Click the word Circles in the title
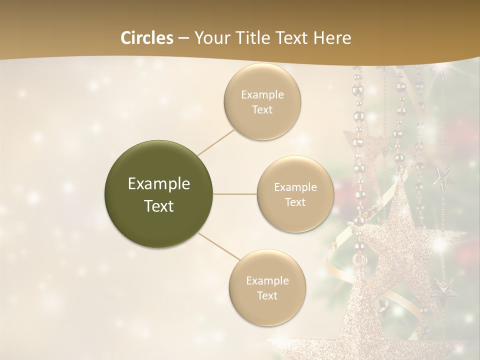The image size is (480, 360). point(146,38)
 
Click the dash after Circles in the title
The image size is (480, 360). point(183,38)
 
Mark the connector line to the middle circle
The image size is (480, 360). point(235,194)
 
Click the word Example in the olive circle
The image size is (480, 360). point(159,184)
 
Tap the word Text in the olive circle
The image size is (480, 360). point(159,206)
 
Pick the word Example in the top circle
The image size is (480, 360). point(262,94)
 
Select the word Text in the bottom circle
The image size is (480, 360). point(267,295)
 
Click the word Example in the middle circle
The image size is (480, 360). point(295,187)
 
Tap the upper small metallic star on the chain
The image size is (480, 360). point(443,177)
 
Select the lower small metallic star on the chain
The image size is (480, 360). point(442,288)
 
